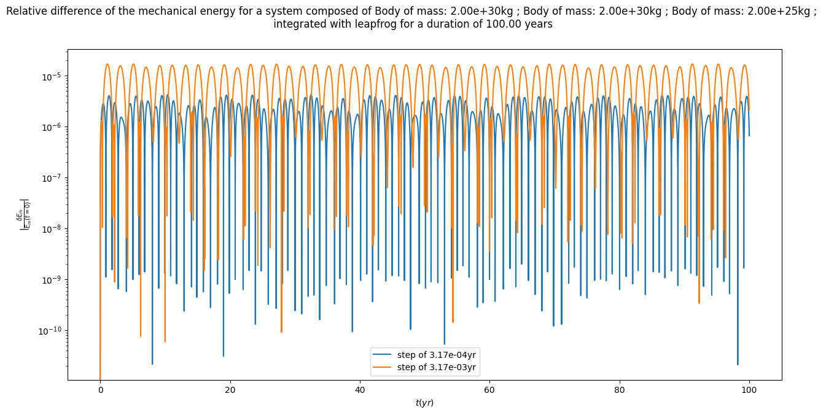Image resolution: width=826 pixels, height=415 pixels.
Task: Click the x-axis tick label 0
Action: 100,390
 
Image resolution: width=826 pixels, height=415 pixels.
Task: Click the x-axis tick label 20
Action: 230,390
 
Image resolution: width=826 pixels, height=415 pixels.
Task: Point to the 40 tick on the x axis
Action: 360,390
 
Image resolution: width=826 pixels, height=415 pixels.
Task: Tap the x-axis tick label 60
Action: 489,390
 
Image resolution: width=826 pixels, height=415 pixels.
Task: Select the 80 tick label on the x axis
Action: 619,390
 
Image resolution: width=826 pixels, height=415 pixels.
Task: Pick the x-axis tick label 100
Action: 749,390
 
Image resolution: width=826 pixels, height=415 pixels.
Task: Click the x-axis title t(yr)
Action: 424,403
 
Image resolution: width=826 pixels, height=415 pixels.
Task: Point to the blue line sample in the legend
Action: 383,355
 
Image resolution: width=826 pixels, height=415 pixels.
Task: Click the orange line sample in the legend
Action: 383,368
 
